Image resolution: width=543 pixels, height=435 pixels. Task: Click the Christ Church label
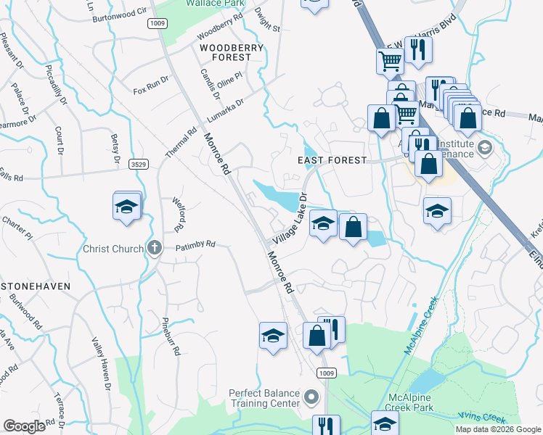[113, 249]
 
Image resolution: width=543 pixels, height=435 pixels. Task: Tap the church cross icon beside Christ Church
[154, 249]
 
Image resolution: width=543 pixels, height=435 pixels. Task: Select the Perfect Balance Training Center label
[264, 398]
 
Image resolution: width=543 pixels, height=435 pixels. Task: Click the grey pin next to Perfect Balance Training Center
[311, 397]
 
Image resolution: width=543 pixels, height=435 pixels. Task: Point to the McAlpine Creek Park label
[420, 403]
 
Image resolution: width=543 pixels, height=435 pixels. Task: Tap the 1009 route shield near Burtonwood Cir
[158, 23]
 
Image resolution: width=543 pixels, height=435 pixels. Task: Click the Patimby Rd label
[196, 245]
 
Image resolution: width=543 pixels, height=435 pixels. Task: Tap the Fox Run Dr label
[150, 91]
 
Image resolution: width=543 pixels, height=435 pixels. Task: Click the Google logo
[24, 426]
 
